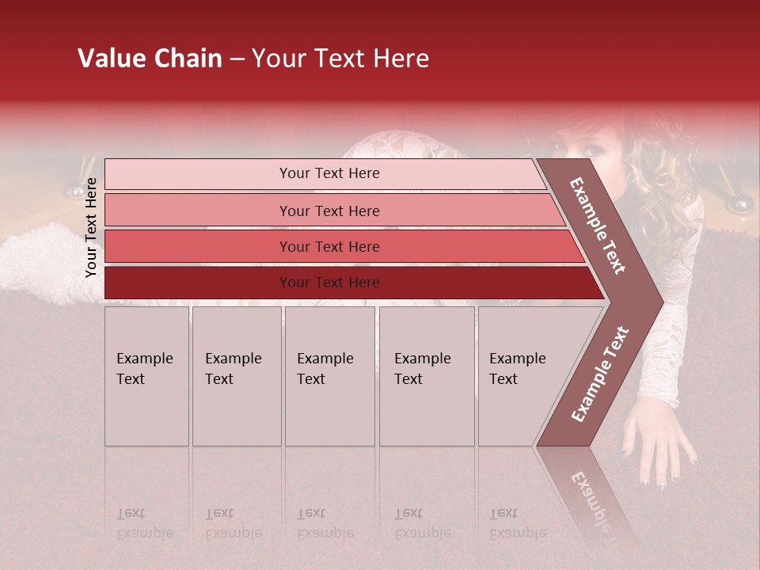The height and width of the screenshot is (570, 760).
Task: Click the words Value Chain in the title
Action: (x=150, y=59)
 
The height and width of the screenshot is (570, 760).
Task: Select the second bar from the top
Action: (x=329, y=211)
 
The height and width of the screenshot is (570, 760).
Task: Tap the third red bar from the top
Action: (x=329, y=246)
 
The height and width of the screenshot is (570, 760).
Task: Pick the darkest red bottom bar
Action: (x=329, y=283)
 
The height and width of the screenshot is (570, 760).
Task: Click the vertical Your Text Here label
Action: (x=91, y=227)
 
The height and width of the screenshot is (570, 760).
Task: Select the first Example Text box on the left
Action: (x=146, y=376)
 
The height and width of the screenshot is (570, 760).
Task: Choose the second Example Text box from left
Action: (x=236, y=376)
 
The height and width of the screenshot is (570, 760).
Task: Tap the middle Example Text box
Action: (x=329, y=376)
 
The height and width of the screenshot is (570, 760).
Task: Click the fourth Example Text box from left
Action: (x=427, y=376)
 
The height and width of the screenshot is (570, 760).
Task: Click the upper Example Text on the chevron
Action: (x=598, y=226)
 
